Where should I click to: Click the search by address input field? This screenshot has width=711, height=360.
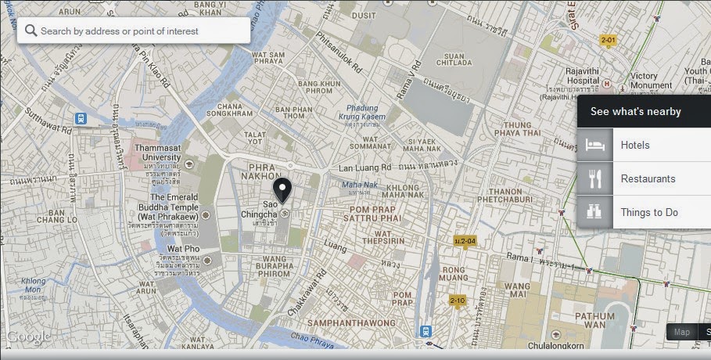141,31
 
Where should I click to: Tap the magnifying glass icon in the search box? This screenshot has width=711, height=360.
31,31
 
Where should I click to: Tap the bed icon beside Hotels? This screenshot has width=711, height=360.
595,146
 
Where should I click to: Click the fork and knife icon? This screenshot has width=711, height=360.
595,179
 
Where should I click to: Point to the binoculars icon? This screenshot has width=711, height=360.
595,212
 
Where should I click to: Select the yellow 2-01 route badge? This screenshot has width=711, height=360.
608,39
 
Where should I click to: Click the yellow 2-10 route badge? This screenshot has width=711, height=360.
458,301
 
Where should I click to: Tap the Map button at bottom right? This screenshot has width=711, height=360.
682,332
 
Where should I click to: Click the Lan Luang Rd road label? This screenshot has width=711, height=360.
364,167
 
